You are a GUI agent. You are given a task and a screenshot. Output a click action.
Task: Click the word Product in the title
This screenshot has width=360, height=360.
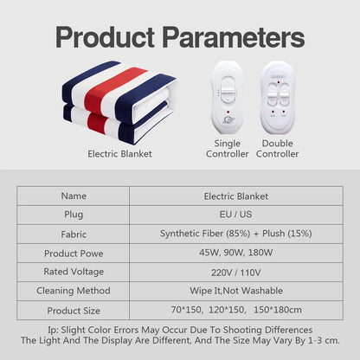109,38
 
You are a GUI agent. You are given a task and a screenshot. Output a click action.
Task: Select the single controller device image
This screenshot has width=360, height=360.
228,98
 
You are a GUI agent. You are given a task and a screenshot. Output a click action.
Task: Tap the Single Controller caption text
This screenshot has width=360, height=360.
228,148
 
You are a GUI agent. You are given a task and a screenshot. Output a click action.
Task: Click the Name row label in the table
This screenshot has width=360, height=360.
74,196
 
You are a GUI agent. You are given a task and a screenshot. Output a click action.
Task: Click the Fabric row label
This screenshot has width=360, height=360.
74,234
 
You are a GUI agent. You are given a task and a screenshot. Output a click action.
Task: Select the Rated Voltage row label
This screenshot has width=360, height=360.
74,272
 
